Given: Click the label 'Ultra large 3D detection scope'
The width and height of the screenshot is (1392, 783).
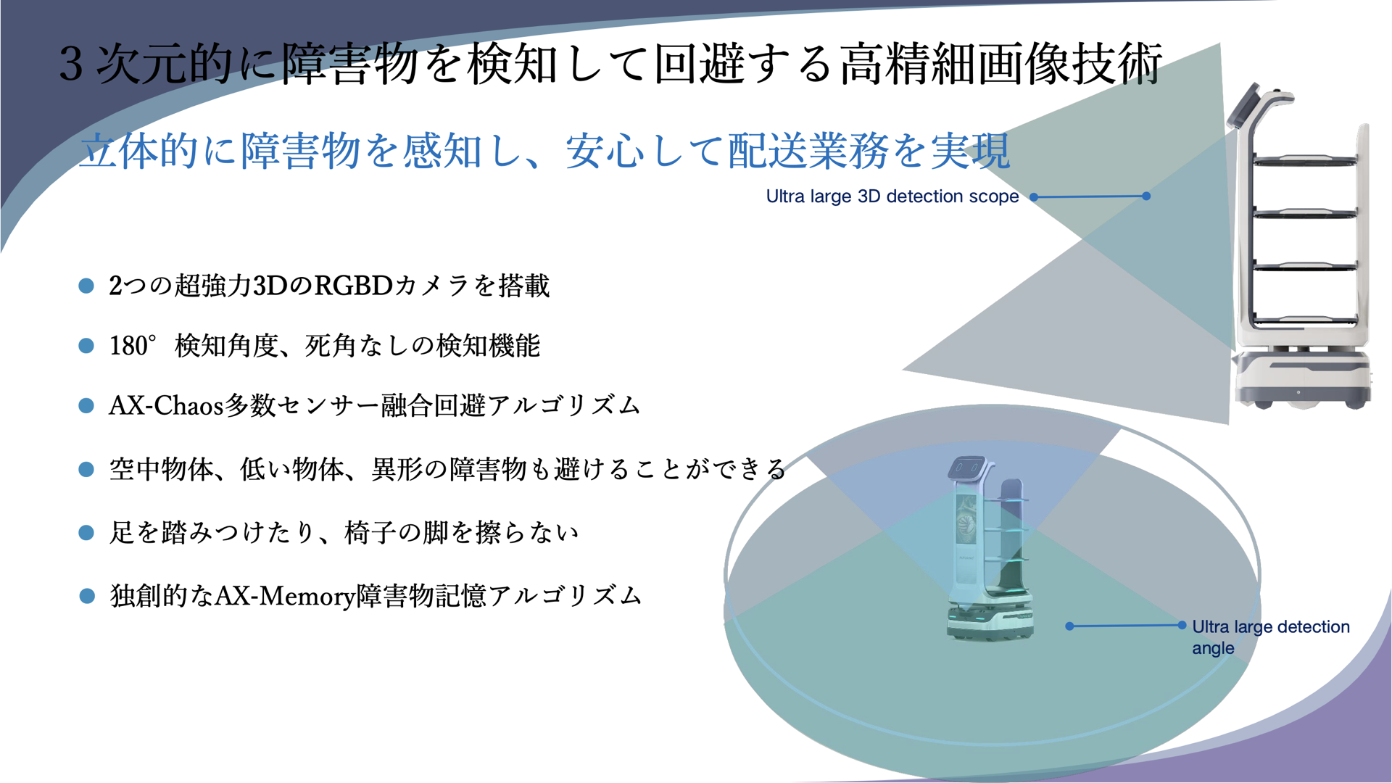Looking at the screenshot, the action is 892,196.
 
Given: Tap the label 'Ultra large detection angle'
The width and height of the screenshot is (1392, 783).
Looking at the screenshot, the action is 1271,637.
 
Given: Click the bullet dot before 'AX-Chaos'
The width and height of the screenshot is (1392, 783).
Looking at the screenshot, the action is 86,405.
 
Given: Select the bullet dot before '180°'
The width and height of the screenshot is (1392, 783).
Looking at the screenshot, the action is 86,346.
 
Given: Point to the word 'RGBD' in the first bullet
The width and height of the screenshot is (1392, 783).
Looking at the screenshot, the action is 353,286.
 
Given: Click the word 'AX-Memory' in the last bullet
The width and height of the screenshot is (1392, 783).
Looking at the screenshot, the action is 285,596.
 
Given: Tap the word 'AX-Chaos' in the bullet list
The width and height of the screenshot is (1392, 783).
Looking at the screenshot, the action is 166,405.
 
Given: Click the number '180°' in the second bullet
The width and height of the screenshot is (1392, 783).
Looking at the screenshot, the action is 133,346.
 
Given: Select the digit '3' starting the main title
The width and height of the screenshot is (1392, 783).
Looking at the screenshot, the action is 71,64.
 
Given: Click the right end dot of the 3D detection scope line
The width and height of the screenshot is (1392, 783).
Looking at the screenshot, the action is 1146,196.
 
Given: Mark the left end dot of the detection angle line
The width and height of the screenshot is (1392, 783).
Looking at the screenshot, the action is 1069,626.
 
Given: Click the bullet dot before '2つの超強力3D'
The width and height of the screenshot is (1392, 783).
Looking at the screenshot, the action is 86,286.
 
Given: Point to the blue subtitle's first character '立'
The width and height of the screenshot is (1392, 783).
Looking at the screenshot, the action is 99,151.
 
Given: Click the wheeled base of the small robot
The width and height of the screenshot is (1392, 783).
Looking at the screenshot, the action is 990,621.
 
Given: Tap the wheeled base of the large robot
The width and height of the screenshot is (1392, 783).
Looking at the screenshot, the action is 1302,379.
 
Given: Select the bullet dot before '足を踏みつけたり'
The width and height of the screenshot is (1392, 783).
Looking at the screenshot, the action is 86,533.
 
